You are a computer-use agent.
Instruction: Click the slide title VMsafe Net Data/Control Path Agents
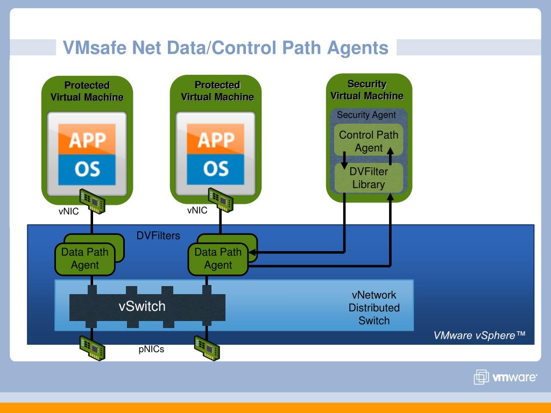tap(225, 48)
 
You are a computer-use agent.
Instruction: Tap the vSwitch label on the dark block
tap(142, 306)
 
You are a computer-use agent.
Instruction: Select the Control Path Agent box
tap(368, 140)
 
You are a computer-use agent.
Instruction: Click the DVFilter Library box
tap(368, 177)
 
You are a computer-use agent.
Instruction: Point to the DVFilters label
tap(158, 236)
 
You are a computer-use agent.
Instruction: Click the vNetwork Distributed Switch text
tap(374, 308)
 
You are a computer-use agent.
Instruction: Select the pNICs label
tap(151, 349)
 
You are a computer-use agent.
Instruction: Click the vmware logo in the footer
tap(505, 377)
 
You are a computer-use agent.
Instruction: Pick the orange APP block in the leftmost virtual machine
tap(87, 139)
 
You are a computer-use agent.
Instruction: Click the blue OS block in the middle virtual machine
tap(215, 169)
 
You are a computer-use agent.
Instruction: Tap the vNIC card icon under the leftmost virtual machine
tap(93, 201)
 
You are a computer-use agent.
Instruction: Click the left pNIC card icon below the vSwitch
tap(93, 348)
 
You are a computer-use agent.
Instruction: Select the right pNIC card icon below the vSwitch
tap(207, 348)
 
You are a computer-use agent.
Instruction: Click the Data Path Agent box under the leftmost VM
tap(85, 259)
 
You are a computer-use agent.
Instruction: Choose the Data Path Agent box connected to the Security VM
tap(218, 259)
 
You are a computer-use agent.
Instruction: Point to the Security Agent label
tap(366, 115)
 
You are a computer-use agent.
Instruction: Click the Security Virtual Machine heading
tap(367, 90)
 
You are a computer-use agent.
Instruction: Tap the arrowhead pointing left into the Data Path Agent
tap(252, 252)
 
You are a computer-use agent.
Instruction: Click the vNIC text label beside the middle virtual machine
tap(197, 210)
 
